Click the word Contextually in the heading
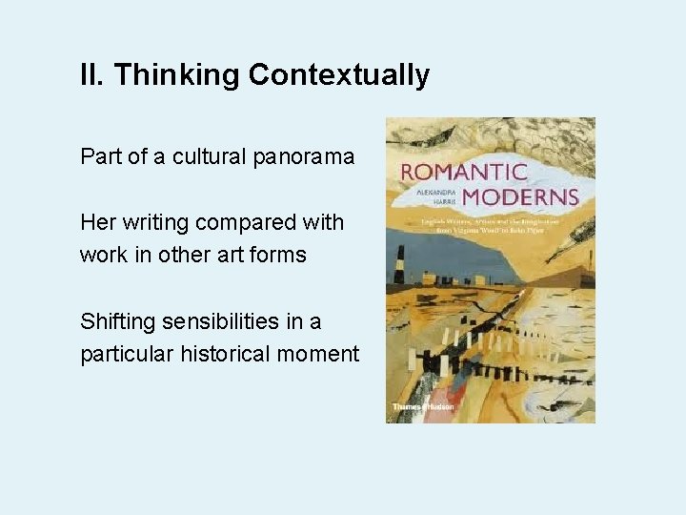[x=339, y=75]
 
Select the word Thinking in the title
[x=176, y=75]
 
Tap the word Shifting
[x=114, y=321]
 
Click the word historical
[x=223, y=354]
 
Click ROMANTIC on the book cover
[x=464, y=174]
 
